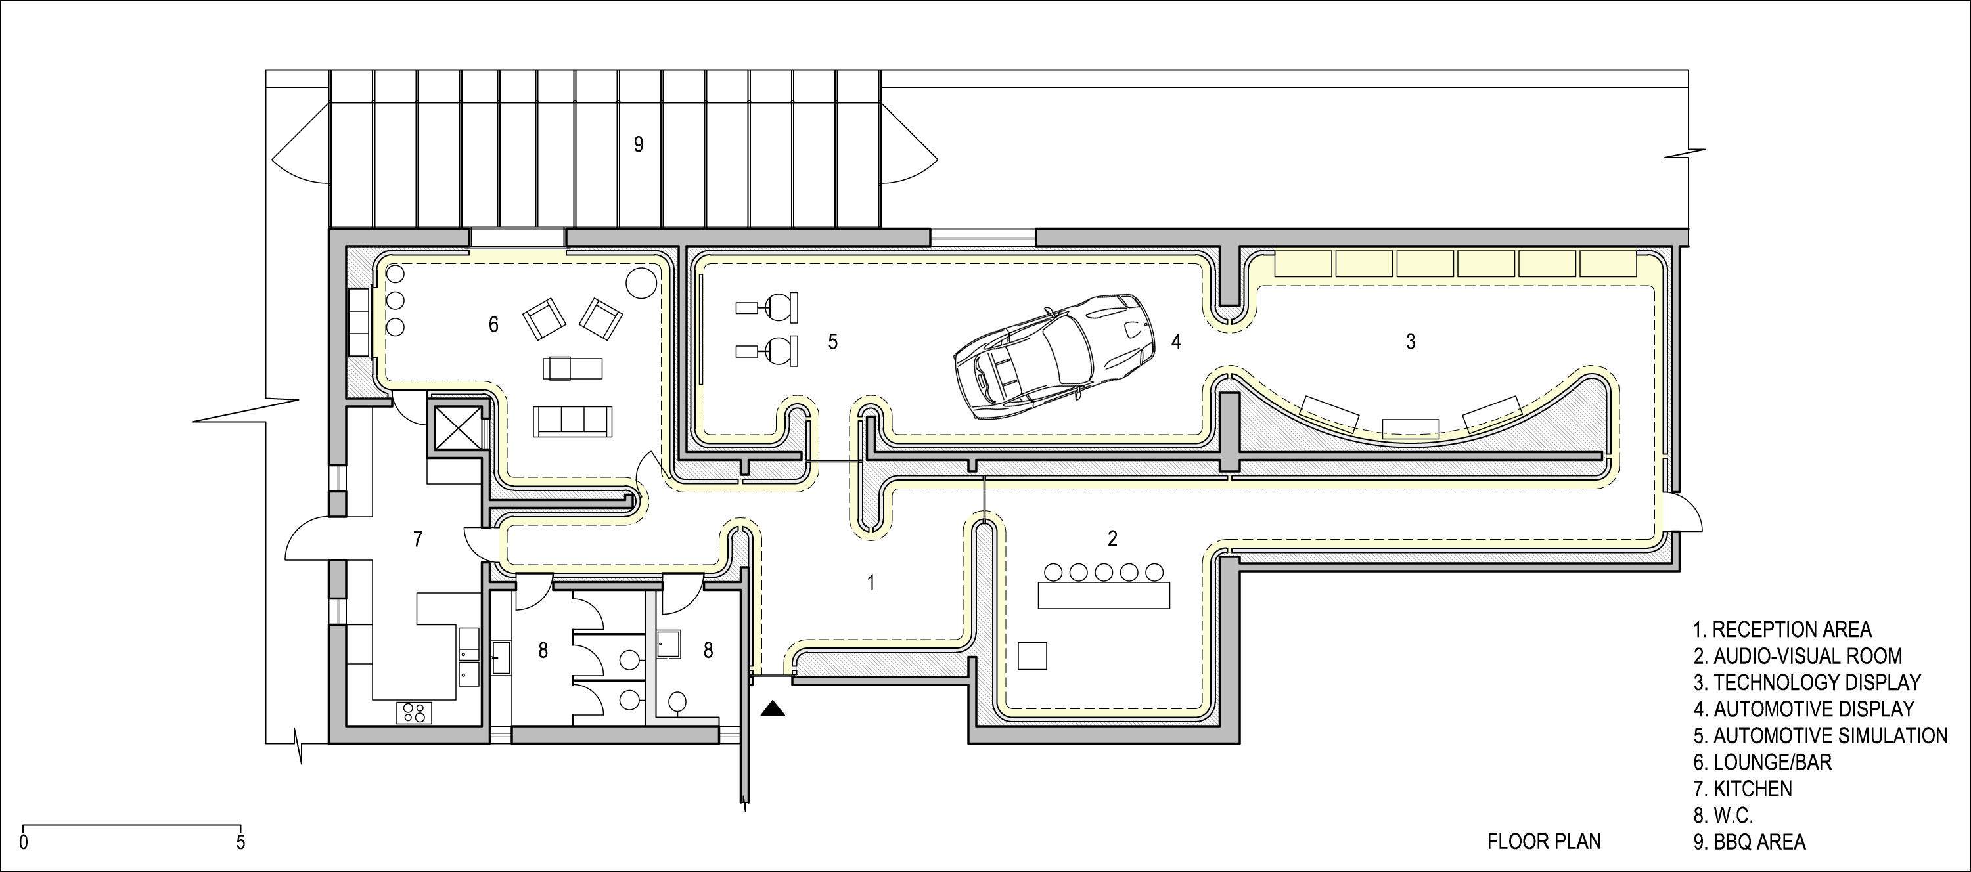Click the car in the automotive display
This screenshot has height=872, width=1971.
tap(1054, 357)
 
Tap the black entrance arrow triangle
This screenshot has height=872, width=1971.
tap(773, 709)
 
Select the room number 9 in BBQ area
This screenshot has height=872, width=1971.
tap(638, 144)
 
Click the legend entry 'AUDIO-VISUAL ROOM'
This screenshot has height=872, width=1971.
tap(1796, 655)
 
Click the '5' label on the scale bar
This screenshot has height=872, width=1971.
tap(241, 844)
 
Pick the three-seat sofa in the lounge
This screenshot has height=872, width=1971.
tap(573, 422)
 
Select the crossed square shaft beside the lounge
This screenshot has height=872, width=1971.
tap(456, 427)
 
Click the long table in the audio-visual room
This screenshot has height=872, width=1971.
tap(1103, 595)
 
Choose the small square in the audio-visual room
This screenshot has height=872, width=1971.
tap(1032, 655)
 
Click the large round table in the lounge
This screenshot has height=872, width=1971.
tap(641, 283)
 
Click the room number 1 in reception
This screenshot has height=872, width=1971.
tap(870, 583)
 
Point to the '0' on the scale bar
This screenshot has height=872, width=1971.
tap(24, 844)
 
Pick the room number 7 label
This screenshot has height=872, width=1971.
tap(418, 540)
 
